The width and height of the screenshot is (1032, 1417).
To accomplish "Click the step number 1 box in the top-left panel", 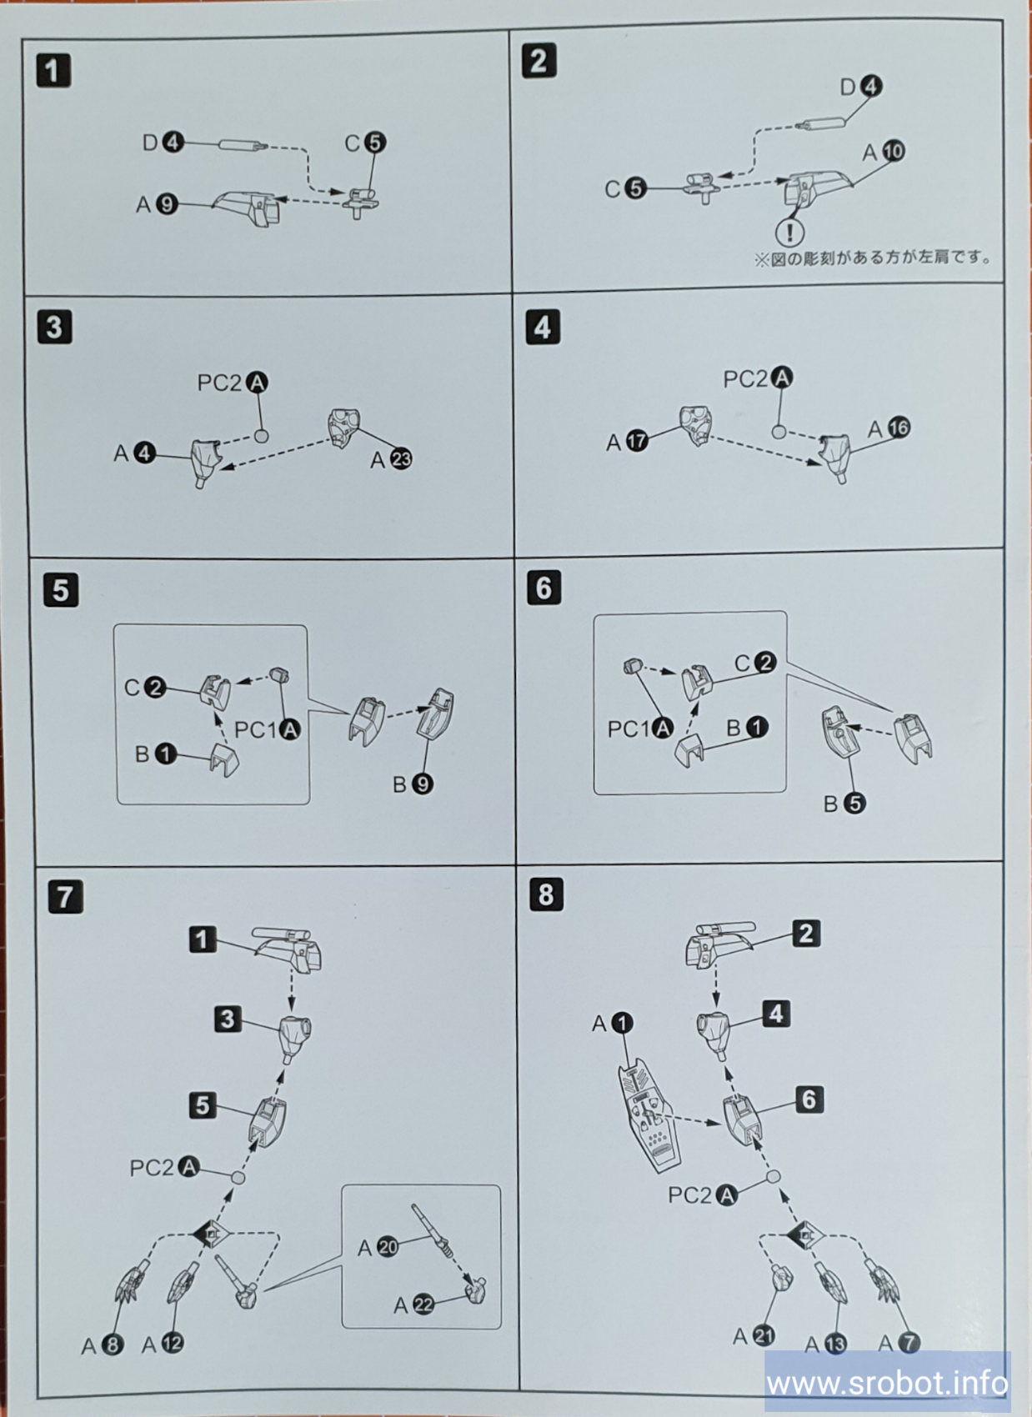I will coord(53,71).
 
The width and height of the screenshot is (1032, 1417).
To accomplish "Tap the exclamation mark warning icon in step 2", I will coord(789,232).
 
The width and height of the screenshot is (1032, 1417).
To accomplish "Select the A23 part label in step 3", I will coord(391,458).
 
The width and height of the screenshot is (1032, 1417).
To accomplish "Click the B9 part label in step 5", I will coord(413,784).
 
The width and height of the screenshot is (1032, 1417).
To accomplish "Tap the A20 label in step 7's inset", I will coord(378,1248).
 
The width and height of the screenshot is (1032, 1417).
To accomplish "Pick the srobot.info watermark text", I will coord(887,1384).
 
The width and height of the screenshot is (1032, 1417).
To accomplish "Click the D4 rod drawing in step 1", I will coord(243,145).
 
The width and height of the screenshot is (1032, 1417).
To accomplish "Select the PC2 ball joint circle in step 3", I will coord(261,435).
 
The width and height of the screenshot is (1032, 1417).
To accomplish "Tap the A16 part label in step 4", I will coord(889,428).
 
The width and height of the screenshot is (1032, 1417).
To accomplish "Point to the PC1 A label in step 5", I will coord(267,730).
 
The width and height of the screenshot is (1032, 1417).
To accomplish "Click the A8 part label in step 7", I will coord(103,1345).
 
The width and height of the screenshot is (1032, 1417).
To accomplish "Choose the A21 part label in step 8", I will coord(753,1336).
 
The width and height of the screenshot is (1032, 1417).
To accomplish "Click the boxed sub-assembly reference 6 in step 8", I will coord(809,1100).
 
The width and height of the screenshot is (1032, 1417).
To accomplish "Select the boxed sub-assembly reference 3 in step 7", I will coord(227,1019).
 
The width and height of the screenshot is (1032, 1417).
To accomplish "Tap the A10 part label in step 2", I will coord(883,152).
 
